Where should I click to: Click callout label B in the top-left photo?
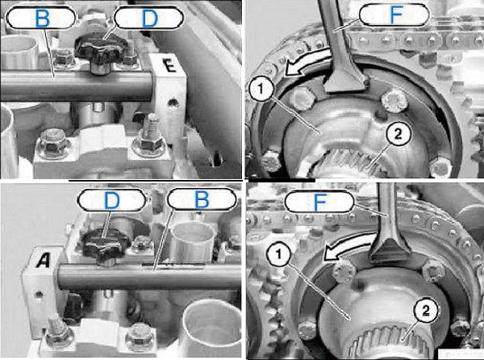41,19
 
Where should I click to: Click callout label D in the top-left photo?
149,18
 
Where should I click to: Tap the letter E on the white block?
169,65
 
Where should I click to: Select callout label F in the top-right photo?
394,15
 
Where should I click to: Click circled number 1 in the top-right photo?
261,90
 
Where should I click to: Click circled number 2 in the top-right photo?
398,135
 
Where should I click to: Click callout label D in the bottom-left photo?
111,200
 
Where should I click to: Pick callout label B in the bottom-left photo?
202,199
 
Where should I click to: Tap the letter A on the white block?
43,260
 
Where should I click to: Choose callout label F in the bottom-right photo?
319,202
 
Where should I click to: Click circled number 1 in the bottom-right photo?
279,255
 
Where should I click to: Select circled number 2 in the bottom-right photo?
426,311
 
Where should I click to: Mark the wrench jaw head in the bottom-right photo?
390,249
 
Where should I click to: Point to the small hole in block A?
38,295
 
